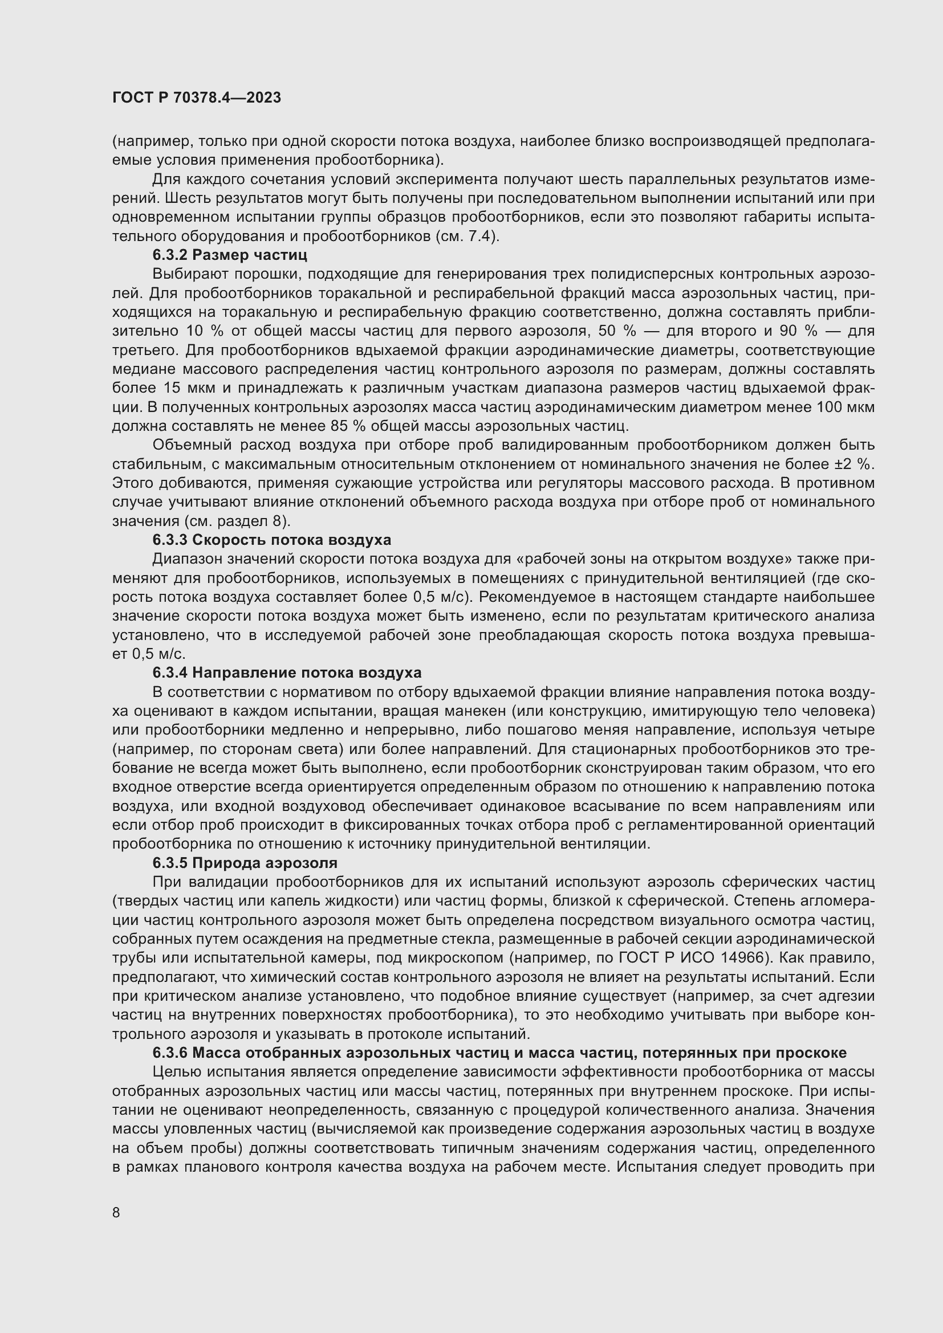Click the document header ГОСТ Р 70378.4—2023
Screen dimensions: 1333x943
pos(197,97)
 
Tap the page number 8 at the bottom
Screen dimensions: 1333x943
pos(116,1212)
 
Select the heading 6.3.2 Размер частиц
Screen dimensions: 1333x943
pos(230,255)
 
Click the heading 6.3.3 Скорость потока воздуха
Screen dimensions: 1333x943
pos(272,540)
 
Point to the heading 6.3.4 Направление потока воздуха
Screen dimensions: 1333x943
pos(287,673)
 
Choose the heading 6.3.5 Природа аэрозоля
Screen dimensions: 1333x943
pos(245,863)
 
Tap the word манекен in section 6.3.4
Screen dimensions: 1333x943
pos(500,711)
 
